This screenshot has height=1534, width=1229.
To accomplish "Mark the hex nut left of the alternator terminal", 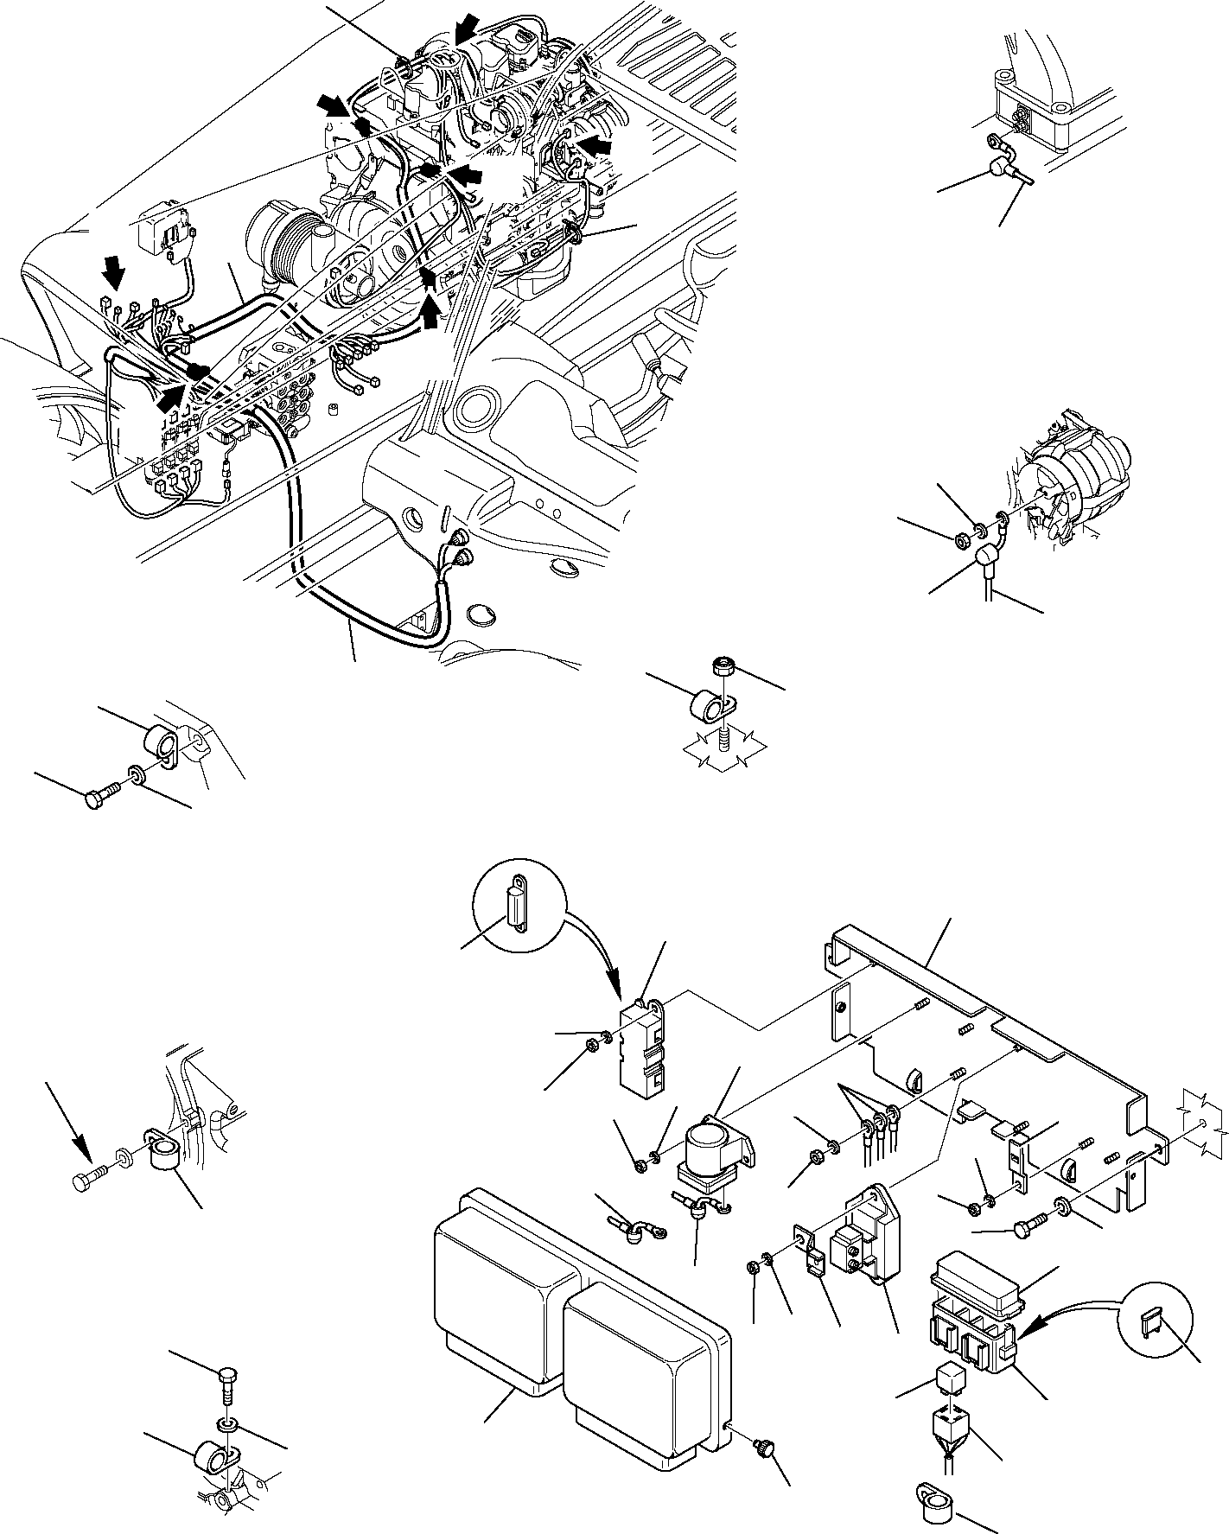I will [961, 540].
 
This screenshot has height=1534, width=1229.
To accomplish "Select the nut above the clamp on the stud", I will [723, 666].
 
